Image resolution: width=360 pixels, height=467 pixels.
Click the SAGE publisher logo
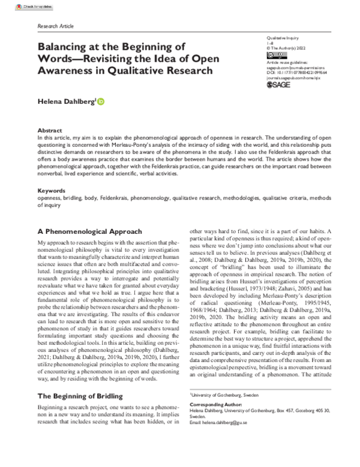click(279, 85)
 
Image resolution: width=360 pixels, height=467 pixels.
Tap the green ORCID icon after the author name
click(100, 102)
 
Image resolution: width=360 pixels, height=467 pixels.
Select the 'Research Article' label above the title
click(56, 27)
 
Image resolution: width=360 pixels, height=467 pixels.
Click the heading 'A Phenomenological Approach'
click(89, 230)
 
